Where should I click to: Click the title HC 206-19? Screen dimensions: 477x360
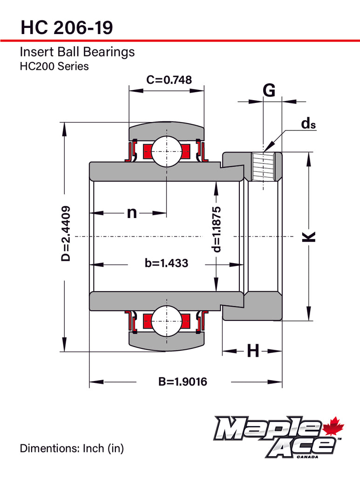coord(66,28)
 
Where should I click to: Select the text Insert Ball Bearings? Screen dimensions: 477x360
coord(77,52)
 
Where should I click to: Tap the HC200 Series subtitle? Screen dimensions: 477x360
coord(54,66)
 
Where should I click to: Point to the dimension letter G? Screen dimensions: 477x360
coord(269,91)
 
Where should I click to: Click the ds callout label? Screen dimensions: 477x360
coord(308,123)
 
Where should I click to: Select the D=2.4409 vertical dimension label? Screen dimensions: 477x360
coord(66,233)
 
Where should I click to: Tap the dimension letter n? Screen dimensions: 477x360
coord(132,213)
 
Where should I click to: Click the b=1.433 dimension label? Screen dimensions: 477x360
coord(166,263)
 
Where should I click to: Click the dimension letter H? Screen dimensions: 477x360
coord(252,351)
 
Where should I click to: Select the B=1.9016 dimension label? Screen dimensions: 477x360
coord(183,382)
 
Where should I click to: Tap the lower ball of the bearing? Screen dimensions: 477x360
coord(166,321)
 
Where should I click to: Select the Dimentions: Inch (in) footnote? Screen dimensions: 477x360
coord(72,449)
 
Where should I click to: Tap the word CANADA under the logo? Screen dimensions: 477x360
coord(307,457)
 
